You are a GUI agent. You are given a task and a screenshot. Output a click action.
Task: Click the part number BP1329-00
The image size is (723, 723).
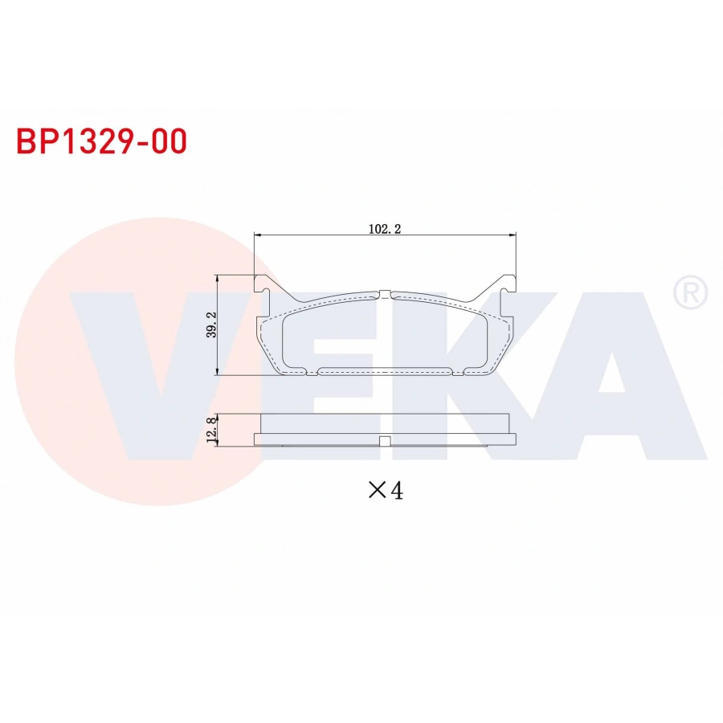coord(101,141)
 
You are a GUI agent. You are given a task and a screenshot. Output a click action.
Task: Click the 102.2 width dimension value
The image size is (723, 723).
coord(384,228)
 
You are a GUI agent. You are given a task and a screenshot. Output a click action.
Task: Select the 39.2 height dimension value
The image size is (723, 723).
coord(211,325)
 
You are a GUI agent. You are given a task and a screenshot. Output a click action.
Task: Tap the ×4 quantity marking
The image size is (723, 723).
coord(385,490)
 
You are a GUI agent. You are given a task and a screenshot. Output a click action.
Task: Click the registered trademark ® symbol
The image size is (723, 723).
coord(690,292)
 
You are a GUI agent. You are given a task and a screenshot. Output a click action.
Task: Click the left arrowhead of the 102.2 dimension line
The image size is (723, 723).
coord(258,235)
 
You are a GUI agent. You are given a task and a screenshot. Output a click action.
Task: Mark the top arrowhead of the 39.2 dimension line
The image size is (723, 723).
coord(218,278)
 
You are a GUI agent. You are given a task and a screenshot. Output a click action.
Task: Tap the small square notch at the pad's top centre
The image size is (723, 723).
coord(385,293)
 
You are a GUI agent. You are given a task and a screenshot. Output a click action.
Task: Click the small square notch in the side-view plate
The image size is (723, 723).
coord(385,440)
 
